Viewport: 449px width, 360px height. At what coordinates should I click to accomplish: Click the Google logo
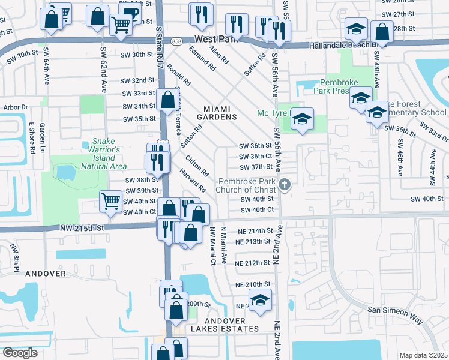click(x=20, y=353)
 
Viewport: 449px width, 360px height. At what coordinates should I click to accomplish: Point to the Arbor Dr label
click(x=16, y=107)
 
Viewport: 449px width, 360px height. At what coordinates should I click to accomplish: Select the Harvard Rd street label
click(x=192, y=180)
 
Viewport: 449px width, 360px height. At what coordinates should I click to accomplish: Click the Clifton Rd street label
click(x=197, y=166)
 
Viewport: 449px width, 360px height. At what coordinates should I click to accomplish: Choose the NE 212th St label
click(x=253, y=263)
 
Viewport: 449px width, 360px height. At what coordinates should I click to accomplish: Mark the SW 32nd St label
click(x=135, y=80)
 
